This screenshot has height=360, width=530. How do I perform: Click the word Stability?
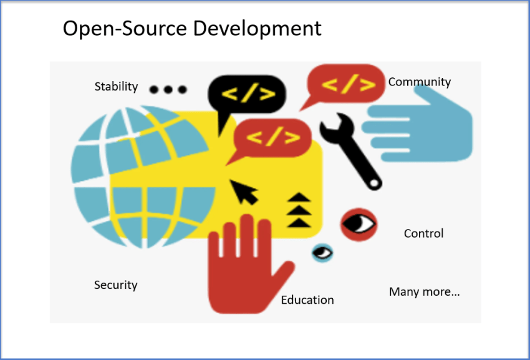116,87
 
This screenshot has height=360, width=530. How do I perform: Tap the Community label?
419,82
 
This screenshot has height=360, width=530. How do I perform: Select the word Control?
423,233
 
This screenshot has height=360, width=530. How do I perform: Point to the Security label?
115,285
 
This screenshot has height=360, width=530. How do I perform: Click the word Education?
307,300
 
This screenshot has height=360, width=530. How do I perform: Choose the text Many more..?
424,291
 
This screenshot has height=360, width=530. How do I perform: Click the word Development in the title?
263,28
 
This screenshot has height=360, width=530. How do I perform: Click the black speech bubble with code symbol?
247,95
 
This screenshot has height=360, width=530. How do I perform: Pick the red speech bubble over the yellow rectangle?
272,137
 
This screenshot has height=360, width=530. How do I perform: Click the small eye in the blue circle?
322,253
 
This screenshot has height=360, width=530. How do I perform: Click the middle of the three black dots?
168,89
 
